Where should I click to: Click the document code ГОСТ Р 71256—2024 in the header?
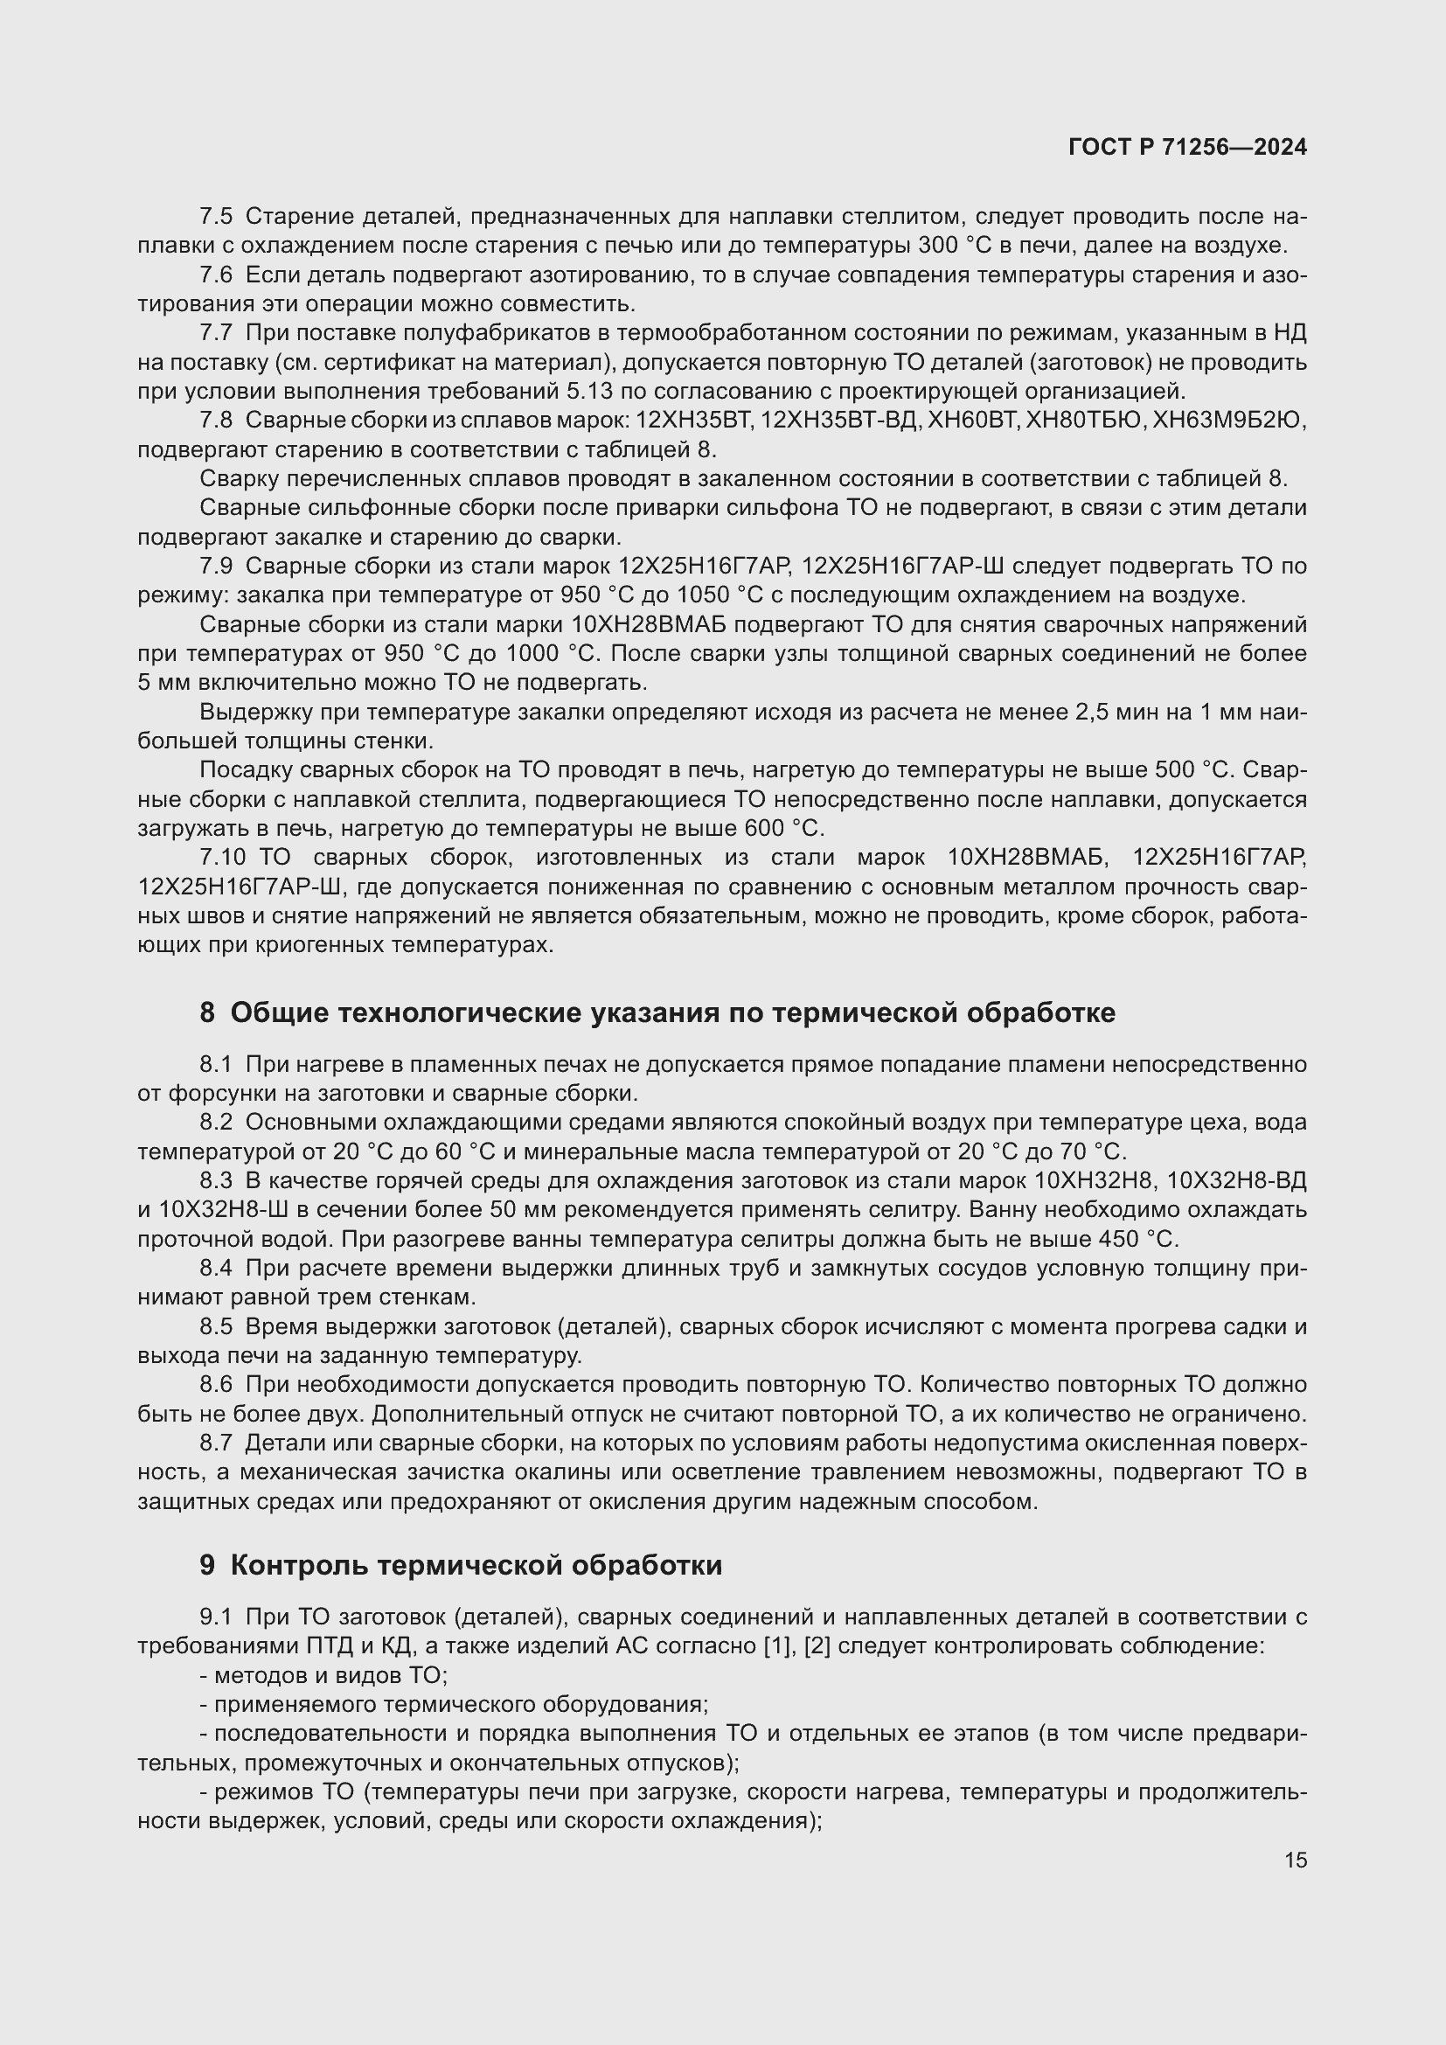tap(1187, 147)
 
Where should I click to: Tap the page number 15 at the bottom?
tap(1296, 1860)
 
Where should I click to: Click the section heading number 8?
tap(206, 1012)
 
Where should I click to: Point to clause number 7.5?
tap(215, 217)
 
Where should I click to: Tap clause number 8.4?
tap(215, 1269)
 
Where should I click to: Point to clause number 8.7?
tap(215, 1443)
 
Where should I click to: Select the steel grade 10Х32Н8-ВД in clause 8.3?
tap(1236, 1181)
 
